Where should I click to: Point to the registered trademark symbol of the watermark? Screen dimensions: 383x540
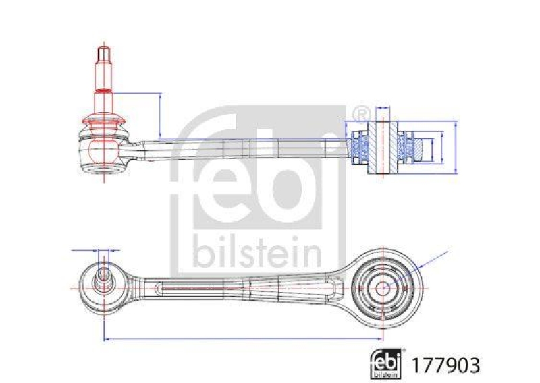[x=360, y=113]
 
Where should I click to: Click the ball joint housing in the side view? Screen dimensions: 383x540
[x=103, y=152]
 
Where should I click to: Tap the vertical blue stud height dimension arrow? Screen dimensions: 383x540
[x=160, y=115]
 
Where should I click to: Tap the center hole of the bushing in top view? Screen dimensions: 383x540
[x=382, y=287]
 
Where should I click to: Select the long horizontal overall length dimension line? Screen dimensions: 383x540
[x=243, y=338]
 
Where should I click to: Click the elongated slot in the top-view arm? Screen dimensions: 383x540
[x=202, y=288]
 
